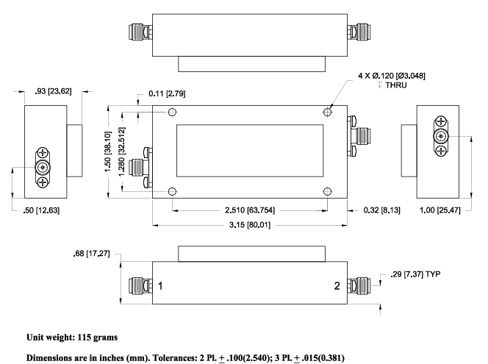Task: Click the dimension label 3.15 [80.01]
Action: pyautogui.click(x=248, y=224)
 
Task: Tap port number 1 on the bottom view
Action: pyautogui.click(x=159, y=285)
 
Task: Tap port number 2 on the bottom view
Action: pyautogui.click(x=338, y=285)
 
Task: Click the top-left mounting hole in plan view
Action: pyautogui.click(x=173, y=113)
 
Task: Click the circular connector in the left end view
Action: pyautogui.click(x=43, y=168)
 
